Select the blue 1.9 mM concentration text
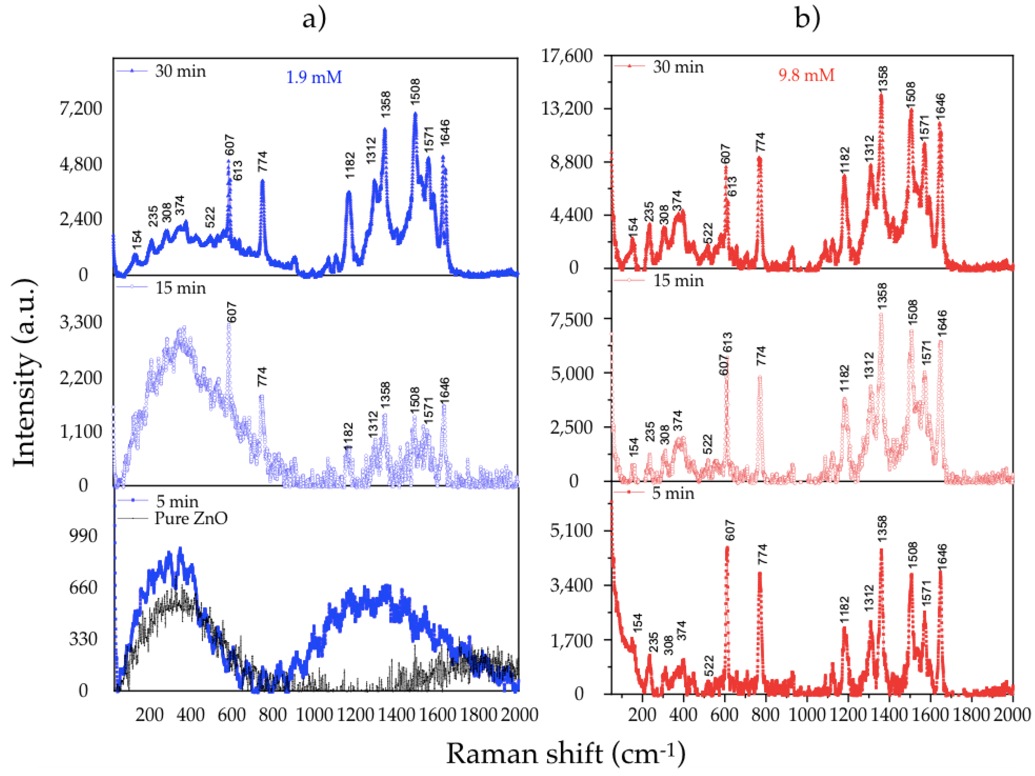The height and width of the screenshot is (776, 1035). tap(314, 77)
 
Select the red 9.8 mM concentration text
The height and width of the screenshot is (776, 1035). tap(806, 75)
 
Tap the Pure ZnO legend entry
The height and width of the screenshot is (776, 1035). tap(191, 518)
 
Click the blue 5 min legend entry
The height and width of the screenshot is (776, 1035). tap(177, 501)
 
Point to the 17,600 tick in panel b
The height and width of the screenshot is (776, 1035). tap(566, 56)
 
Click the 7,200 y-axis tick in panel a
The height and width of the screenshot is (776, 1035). tap(81, 109)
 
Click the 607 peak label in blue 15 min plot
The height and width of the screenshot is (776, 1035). tap(231, 313)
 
